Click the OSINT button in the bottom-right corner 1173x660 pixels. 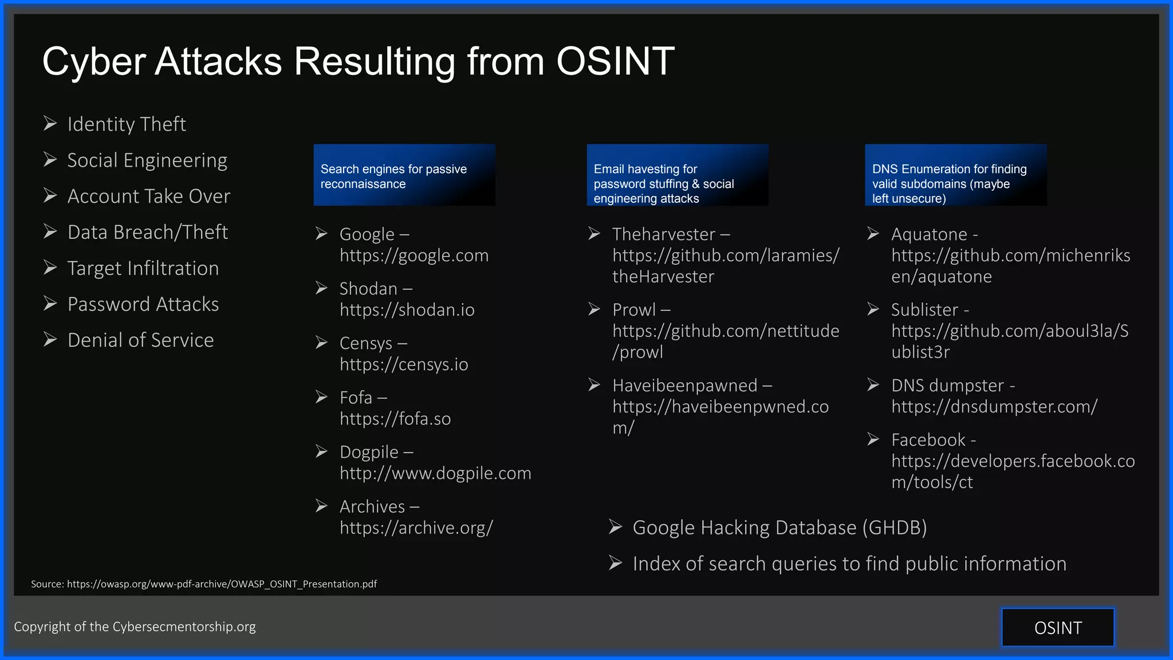pyautogui.click(x=1058, y=628)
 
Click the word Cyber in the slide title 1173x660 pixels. pyautogui.click(x=93, y=62)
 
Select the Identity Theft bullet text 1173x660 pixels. pyautogui.click(x=127, y=124)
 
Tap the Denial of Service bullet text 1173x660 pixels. pyautogui.click(x=140, y=340)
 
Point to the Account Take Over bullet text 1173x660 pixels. pyautogui.click(x=149, y=197)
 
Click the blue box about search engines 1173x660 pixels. pyautogui.click(x=404, y=175)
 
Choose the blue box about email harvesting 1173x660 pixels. pyautogui.click(x=677, y=175)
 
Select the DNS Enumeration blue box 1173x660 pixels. pyautogui.click(x=955, y=175)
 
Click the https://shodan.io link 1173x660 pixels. pyautogui.click(x=407, y=310)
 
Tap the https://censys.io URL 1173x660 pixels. pyautogui.click(x=404, y=364)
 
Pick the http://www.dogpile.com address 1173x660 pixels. pyautogui.click(x=435, y=473)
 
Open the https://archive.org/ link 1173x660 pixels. pyautogui.click(x=416, y=528)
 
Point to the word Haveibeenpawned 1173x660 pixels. pyautogui.click(x=685, y=386)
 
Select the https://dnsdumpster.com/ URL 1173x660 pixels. pyautogui.click(x=994, y=407)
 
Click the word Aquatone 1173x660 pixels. pyautogui.click(x=929, y=234)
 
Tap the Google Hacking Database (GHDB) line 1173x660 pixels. pyautogui.click(x=780, y=528)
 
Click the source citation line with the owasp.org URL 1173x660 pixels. pyautogui.click(x=204, y=584)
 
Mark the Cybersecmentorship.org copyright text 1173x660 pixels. pyautogui.click(x=135, y=627)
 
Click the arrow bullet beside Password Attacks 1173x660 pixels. pyautogui.click(x=50, y=304)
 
